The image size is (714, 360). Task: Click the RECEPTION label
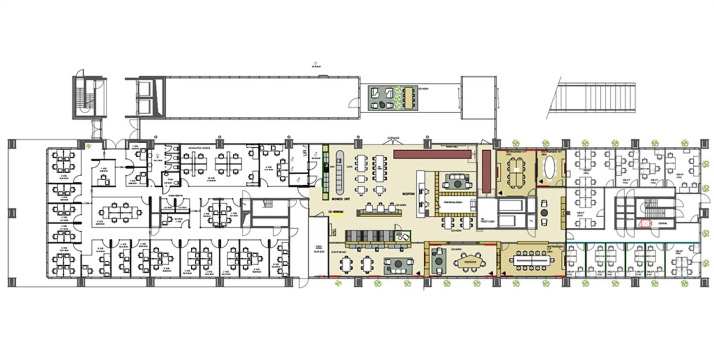coord(409,194)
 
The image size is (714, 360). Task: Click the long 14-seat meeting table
coord(533,260)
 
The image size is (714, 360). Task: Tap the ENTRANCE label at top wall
coord(393,138)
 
